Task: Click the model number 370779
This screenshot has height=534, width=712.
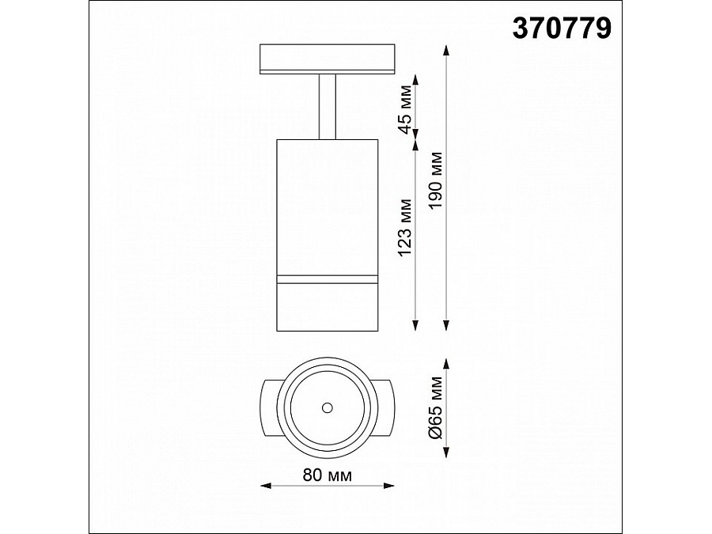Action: [562, 28]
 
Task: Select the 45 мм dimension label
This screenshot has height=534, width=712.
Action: [405, 110]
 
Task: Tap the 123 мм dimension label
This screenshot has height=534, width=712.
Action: [405, 228]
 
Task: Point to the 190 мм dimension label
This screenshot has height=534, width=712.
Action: [436, 180]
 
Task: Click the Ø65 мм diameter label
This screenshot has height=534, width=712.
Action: [436, 408]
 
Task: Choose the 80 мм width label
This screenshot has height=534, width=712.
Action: [328, 475]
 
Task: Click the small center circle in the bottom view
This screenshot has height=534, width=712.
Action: [327, 407]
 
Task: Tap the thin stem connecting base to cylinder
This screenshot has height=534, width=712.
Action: [328, 106]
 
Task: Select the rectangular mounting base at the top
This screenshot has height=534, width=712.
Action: [328, 59]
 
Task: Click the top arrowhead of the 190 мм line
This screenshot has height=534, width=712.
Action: [447, 51]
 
